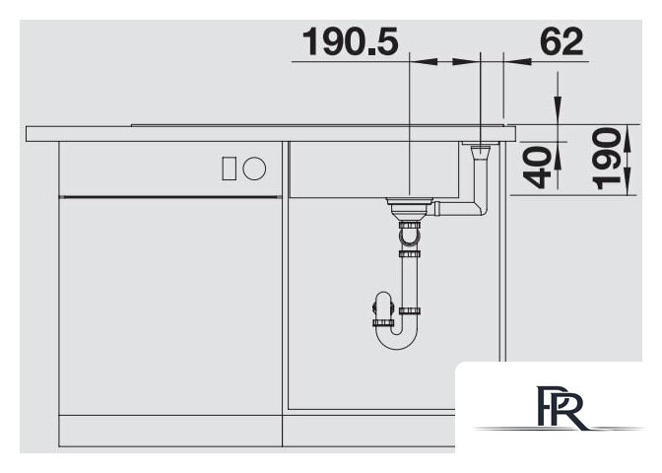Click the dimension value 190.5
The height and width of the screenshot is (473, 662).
coord(350,41)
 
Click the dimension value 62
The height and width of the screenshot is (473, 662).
coord(562,41)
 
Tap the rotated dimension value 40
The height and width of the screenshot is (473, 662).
coord(537,167)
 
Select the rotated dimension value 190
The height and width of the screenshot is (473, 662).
coord(606,159)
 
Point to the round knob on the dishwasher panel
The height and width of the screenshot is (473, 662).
coord(254,169)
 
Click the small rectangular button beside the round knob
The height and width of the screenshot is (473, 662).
coord(230,169)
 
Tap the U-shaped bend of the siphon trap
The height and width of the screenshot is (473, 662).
coord(396,338)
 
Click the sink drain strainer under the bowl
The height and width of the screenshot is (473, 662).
coord(410,207)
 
